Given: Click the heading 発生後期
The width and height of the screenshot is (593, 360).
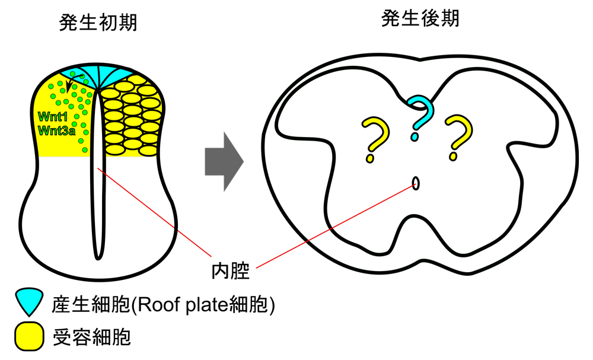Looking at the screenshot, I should (x=420, y=18).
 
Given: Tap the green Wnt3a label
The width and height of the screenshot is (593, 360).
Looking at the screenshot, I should (x=56, y=130).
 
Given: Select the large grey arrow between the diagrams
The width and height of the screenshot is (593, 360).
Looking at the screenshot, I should (x=224, y=161).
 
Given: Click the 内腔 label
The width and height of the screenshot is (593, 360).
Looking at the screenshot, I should (x=230, y=273).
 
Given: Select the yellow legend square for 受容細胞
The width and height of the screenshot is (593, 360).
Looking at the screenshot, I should (x=28, y=336).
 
